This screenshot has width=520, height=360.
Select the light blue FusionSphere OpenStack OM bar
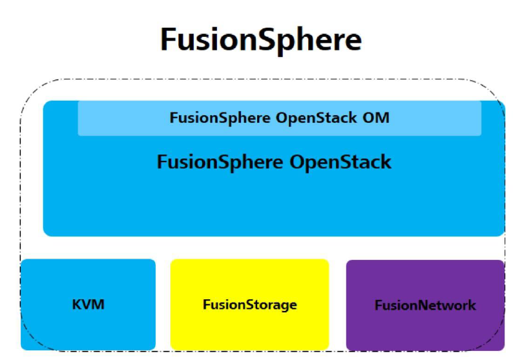279,118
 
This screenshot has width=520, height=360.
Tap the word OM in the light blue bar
377,118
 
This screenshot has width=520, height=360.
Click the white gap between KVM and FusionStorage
163,304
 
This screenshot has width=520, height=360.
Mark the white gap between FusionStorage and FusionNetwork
337,304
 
